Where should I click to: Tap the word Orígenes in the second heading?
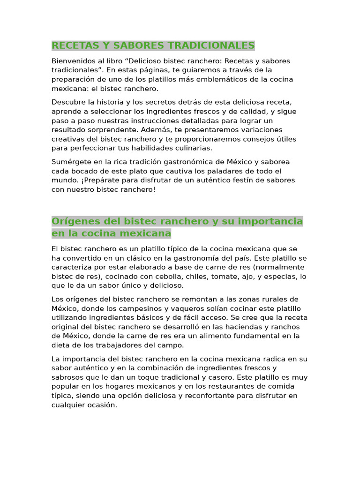pos(75,221)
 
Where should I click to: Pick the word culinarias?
pos(193,148)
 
